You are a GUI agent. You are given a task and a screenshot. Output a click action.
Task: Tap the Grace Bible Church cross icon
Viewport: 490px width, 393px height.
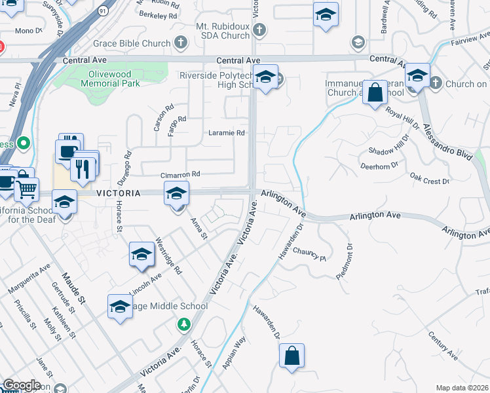coord(181,43)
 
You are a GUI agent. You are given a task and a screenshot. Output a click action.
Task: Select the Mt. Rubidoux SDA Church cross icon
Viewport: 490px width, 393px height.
coord(259,29)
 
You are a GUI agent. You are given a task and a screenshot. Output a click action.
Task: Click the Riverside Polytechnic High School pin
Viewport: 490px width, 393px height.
coord(265,77)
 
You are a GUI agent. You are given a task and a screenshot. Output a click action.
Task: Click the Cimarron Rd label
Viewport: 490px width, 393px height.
coord(180,175)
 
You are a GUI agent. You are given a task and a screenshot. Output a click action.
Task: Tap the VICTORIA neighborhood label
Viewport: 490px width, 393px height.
coord(118,194)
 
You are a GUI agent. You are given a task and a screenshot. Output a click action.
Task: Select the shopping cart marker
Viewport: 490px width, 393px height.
coord(26,189)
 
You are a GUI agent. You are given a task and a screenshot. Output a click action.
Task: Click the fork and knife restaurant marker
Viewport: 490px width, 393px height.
coord(83,168)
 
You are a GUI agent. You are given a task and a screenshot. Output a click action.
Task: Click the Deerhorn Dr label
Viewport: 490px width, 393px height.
coord(379,166)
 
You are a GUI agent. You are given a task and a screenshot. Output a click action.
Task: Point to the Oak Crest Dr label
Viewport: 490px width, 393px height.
coord(429,179)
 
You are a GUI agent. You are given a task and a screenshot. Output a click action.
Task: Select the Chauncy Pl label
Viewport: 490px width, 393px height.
coord(310,255)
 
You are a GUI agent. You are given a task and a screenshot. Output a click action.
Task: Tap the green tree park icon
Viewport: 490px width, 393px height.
coord(184,324)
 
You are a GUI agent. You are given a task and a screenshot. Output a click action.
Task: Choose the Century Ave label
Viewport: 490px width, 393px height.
coord(443,345)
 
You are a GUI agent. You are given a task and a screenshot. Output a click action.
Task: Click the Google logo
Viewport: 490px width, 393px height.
coord(22,385)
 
